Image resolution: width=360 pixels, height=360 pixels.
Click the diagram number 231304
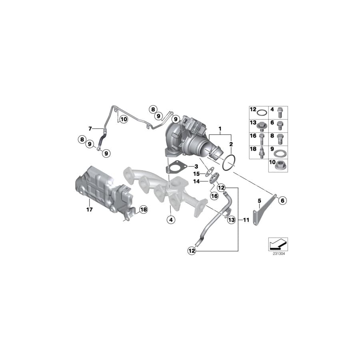pos(278,253)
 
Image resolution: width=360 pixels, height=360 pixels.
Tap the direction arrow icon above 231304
pos(278,243)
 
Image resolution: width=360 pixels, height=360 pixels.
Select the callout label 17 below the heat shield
pos(89,210)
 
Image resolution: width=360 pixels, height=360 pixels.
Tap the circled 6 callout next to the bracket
pos(282,200)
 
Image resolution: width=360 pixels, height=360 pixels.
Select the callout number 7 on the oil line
pos(90,128)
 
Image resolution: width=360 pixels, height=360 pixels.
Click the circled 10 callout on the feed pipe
pos(123,119)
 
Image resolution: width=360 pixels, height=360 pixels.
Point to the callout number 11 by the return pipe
pos(246,220)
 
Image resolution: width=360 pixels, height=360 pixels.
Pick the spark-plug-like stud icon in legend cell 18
pos(262,152)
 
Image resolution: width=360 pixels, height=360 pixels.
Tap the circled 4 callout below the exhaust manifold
pos(170,219)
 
